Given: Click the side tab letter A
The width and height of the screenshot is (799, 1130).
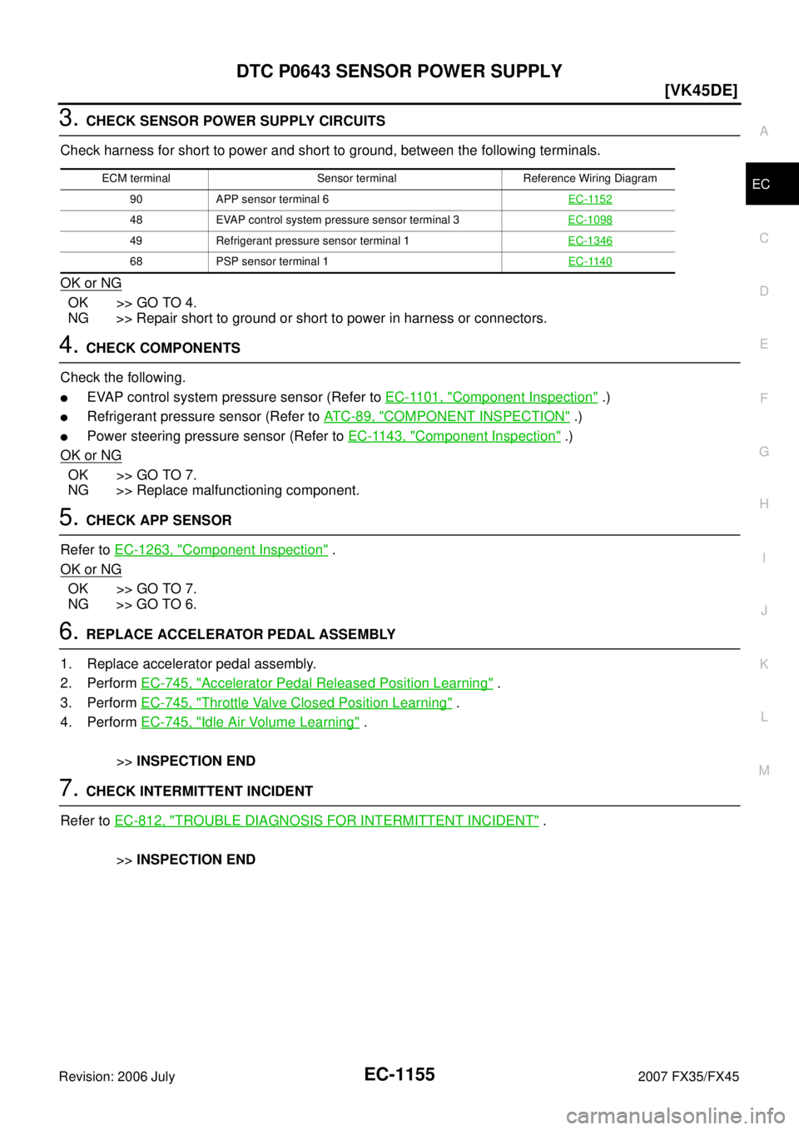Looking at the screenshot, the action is tap(763, 131).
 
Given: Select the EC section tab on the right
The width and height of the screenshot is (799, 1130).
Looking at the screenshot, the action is tap(761, 185).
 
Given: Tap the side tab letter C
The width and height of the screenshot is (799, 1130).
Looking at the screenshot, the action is tap(763, 238).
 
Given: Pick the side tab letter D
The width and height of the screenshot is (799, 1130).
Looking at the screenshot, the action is tap(763, 291).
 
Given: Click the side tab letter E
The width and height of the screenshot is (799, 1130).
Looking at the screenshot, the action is tap(763, 344).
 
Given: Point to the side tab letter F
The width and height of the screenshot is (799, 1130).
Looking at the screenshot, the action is tap(763, 398).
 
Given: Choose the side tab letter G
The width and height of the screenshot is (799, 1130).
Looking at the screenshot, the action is tap(763, 451).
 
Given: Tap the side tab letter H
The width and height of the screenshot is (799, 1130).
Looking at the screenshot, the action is tap(763, 504).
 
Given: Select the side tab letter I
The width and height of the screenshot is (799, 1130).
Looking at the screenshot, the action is tap(763, 558).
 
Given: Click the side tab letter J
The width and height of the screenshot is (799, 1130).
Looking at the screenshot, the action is tap(763, 611).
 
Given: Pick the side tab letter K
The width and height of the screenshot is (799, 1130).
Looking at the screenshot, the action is tap(763, 664).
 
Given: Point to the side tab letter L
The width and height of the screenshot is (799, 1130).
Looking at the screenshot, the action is tap(763, 717).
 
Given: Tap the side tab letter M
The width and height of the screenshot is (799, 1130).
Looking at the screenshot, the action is tap(763, 771).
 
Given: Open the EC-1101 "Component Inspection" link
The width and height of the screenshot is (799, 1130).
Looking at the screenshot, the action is tap(491, 397).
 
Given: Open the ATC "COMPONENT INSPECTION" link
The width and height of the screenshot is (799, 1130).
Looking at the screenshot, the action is tap(446, 416).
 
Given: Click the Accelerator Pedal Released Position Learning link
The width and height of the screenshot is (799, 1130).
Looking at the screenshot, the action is tap(316, 682).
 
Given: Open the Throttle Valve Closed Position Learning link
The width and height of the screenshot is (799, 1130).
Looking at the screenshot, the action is tap(295, 702).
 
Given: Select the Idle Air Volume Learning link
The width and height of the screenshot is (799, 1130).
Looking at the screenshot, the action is tap(250, 721).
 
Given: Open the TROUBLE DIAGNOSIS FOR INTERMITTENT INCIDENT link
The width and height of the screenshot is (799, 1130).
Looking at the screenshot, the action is tap(326, 820).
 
